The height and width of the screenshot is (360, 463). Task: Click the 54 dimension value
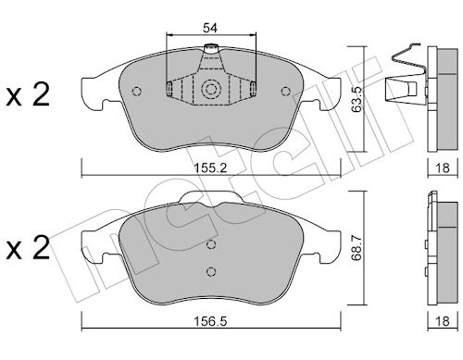(x=210, y=28)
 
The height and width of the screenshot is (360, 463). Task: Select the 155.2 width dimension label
(x=210, y=168)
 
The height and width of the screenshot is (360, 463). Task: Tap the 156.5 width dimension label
(x=210, y=321)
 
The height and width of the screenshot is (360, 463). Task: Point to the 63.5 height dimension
(x=357, y=99)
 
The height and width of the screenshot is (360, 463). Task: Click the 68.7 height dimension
(x=357, y=247)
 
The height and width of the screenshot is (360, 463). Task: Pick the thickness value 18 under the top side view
(x=442, y=168)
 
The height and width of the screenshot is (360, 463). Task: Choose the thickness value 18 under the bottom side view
(x=442, y=321)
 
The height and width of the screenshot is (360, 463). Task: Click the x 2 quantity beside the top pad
(x=28, y=95)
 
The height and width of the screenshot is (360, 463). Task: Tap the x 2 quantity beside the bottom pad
(x=28, y=247)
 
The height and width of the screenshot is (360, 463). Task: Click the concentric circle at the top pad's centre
(x=211, y=90)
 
